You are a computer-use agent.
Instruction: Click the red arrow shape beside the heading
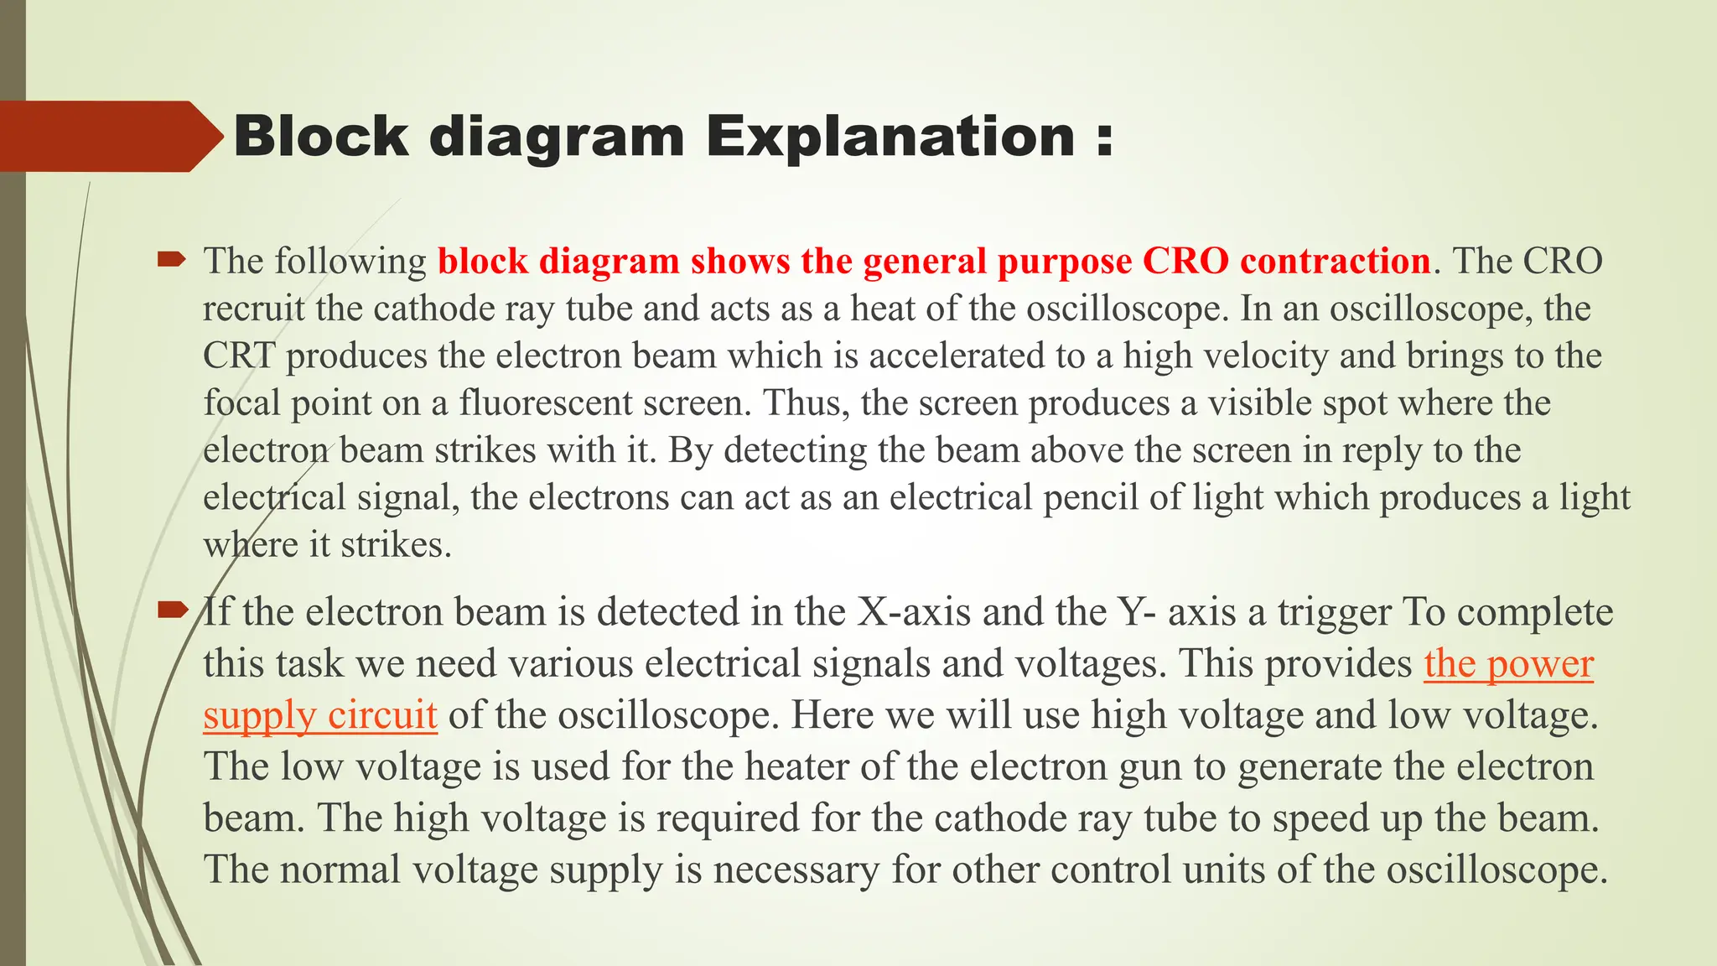109,136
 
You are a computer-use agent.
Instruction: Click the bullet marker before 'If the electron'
172,610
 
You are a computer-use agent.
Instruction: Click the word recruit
253,309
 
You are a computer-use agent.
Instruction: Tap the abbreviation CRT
239,356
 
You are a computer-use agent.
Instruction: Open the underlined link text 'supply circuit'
319,715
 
